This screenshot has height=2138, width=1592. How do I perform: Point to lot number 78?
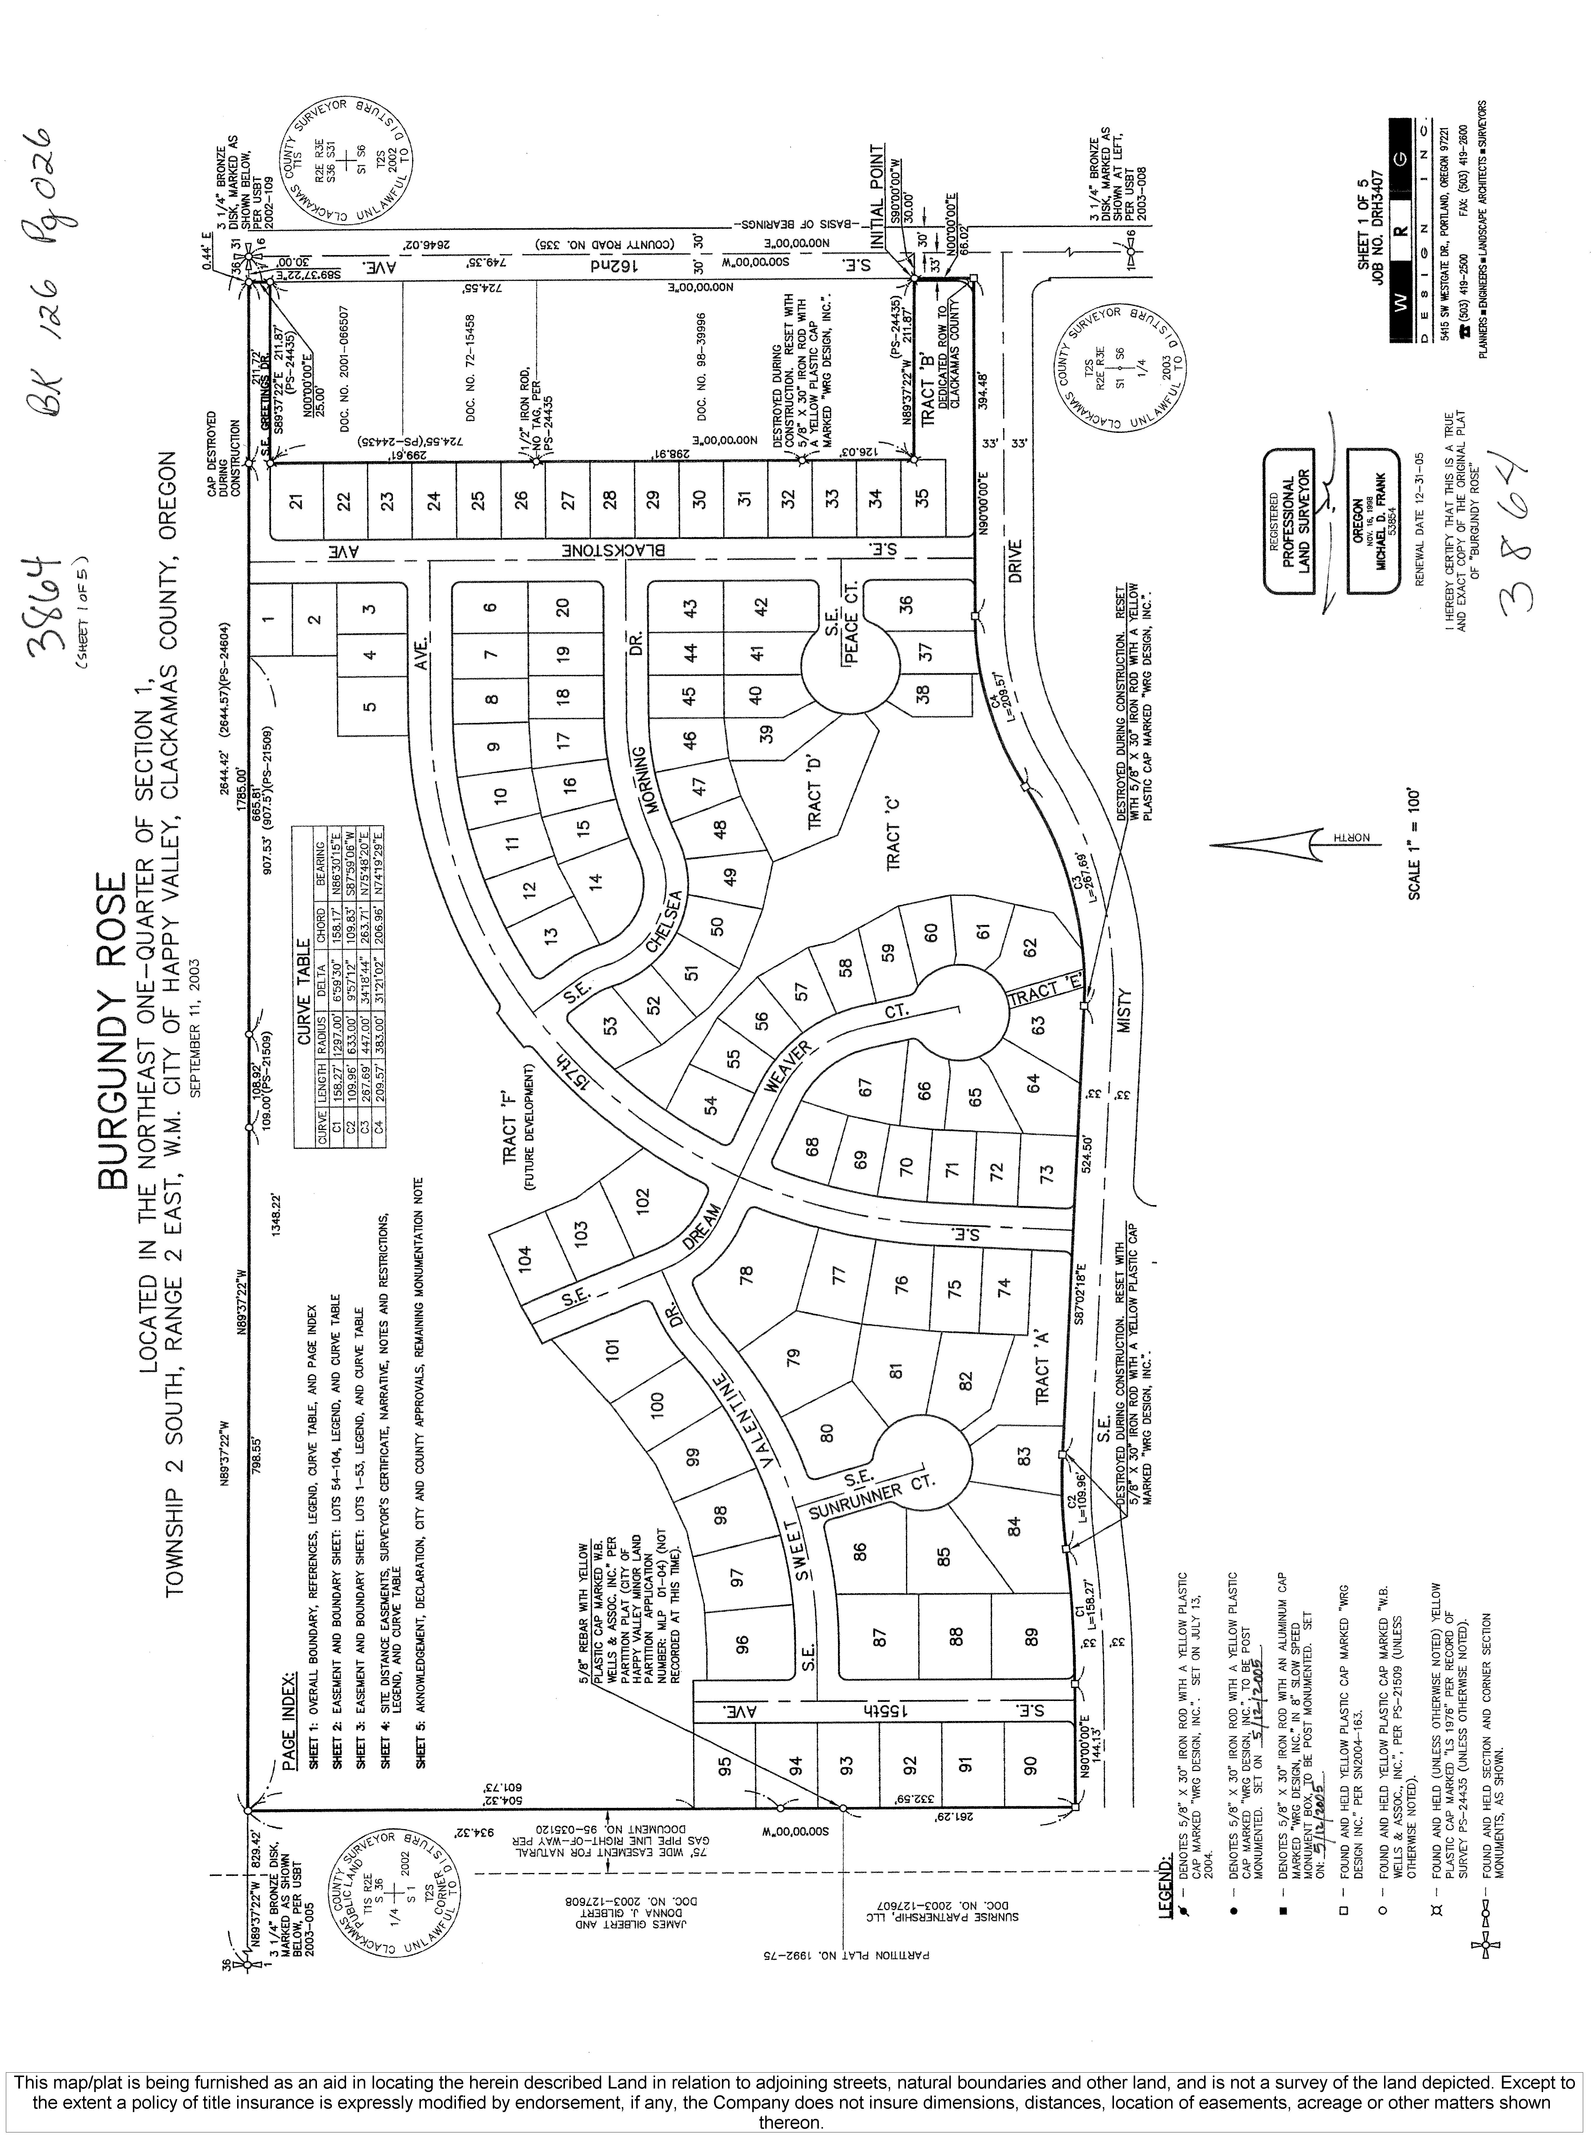pyautogui.click(x=745, y=1277)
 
